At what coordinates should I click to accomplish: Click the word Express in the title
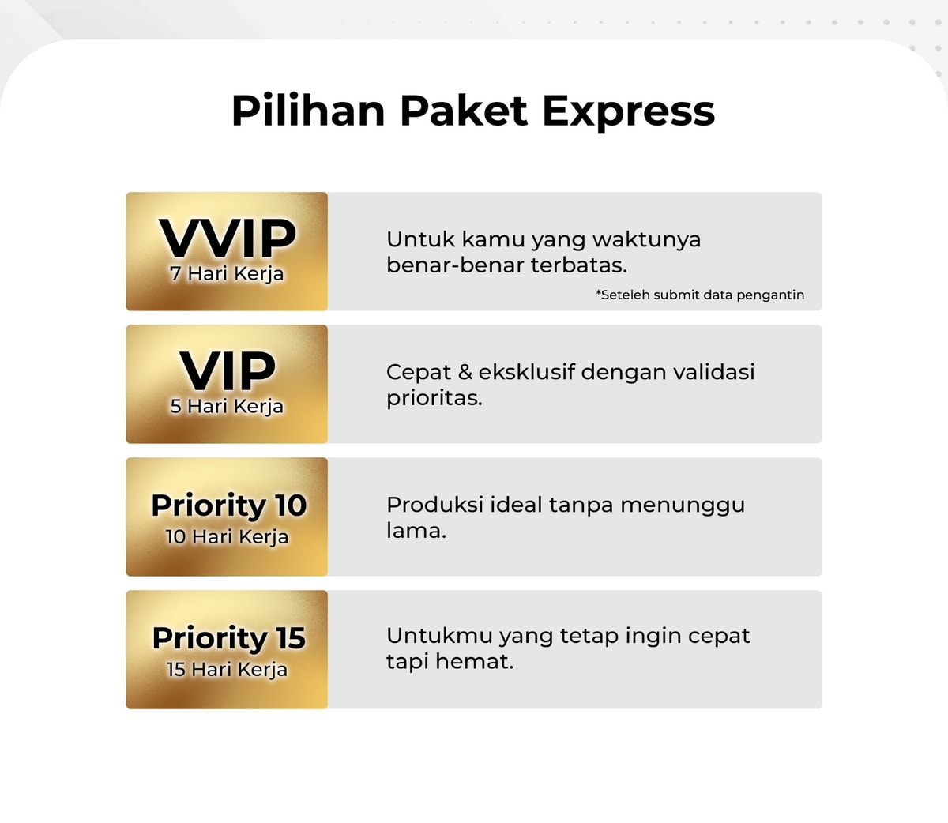[x=628, y=111]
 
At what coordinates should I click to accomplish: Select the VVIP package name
[x=227, y=238]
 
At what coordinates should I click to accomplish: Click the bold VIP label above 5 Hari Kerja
[x=227, y=371]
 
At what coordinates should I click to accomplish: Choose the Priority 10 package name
[x=229, y=505]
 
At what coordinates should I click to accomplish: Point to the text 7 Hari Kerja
[x=227, y=274]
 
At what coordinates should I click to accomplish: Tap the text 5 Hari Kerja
[x=227, y=407]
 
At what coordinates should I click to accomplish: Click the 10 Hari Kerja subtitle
[x=227, y=537]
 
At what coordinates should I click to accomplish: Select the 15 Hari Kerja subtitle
[x=227, y=670]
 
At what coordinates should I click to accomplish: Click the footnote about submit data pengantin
[x=700, y=295]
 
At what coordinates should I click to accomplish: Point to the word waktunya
[x=646, y=240]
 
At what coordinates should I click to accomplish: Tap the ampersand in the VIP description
[x=465, y=372]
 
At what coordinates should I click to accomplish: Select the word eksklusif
[x=526, y=371]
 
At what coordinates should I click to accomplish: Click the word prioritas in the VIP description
[x=434, y=399]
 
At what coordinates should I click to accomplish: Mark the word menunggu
[x=683, y=506]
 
